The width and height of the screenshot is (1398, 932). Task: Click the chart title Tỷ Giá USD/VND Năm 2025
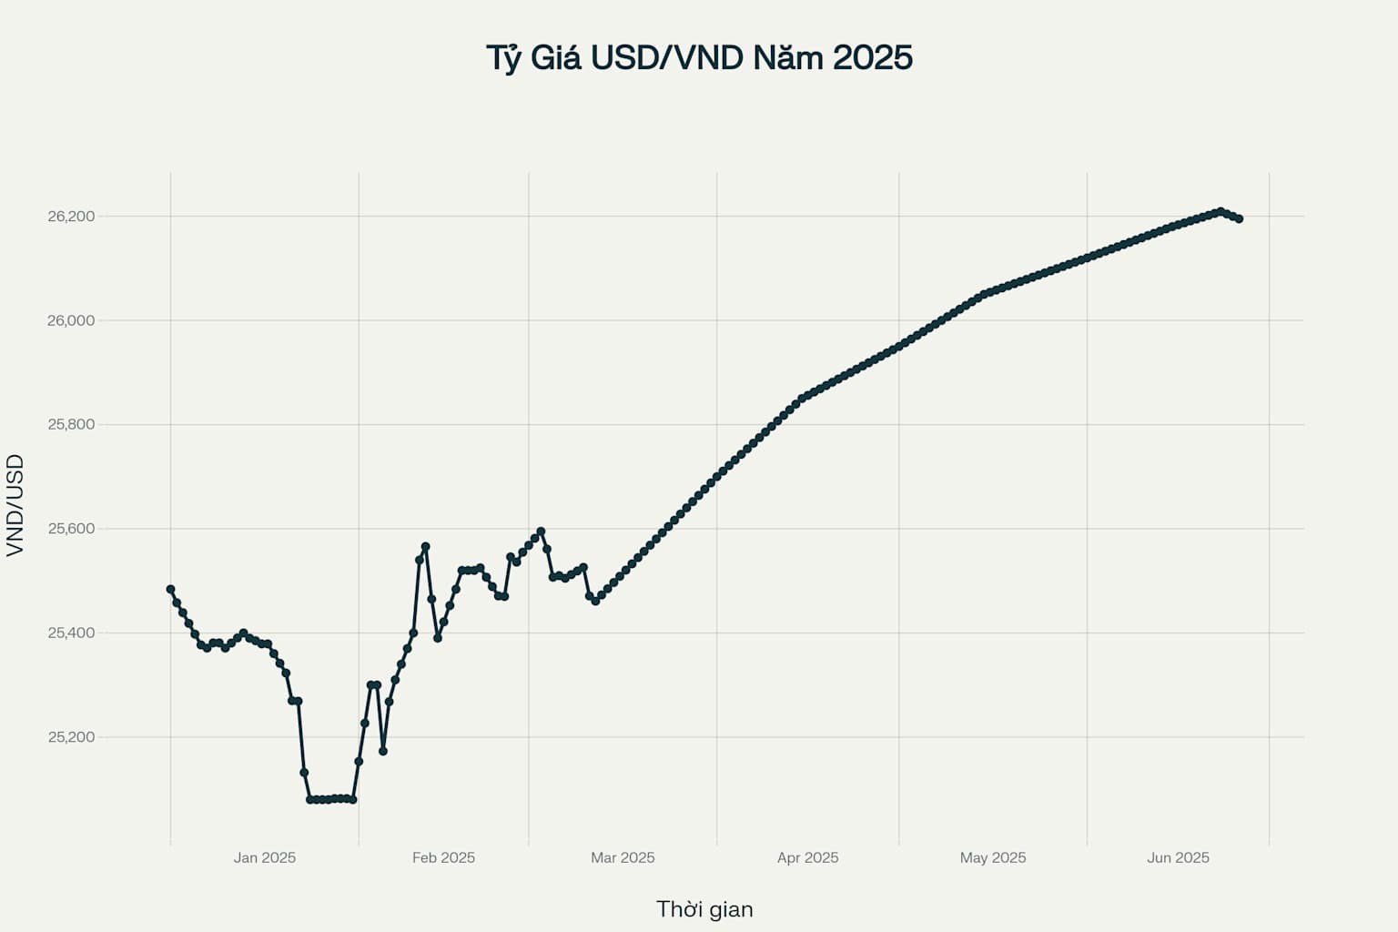[699, 57]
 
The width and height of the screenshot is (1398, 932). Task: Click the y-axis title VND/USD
[15, 505]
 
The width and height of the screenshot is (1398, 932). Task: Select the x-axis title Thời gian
[704, 909]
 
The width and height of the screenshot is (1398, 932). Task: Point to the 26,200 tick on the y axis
[71, 217]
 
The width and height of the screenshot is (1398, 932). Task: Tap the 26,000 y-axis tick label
[71, 320]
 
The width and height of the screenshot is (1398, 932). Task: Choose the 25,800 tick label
[71, 425]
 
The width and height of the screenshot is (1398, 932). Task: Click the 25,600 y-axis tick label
[71, 529]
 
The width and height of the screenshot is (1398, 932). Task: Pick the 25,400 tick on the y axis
[71, 633]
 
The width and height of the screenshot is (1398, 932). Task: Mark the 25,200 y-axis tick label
[71, 737]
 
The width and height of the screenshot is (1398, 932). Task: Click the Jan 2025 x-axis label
[264, 857]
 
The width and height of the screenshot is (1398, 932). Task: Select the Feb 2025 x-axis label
[443, 857]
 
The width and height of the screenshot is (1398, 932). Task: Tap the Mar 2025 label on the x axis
[623, 857]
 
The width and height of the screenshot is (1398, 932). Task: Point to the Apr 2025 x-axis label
[807, 857]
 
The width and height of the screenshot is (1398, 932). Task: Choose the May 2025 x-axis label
[992, 857]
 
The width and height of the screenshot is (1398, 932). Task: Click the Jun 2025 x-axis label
[1178, 857]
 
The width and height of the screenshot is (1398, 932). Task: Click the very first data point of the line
[170, 589]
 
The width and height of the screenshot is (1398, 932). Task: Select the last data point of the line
[1239, 218]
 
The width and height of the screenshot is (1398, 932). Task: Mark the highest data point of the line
[1221, 211]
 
